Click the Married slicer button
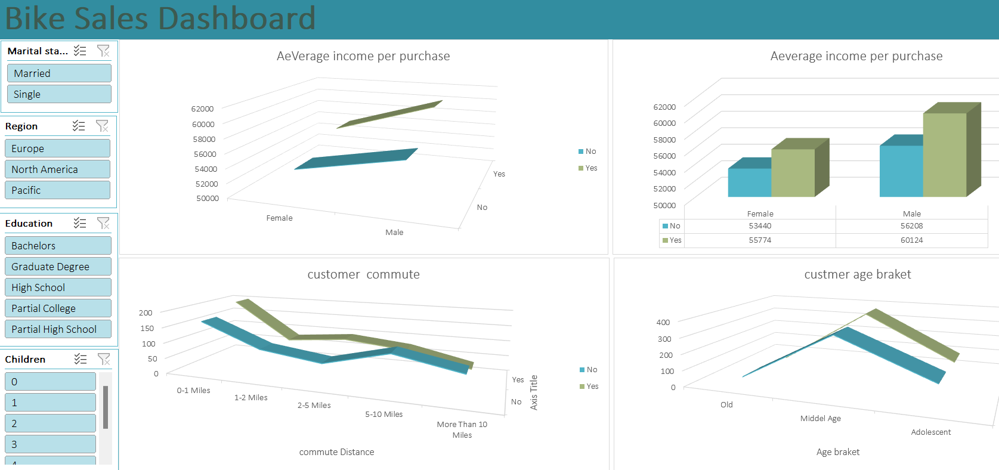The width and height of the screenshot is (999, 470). click(59, 73)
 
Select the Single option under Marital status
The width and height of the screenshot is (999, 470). click(59, 94)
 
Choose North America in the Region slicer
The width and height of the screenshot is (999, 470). click(57, 169)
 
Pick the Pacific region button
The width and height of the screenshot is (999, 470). click(57, 190)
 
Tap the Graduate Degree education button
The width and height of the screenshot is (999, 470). click(57, 267)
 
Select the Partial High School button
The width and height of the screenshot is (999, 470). click(57, 329)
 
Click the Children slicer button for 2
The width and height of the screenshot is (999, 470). click(50, 423)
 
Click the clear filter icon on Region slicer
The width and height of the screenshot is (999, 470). click(102, 126)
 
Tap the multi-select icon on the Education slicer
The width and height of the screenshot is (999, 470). click(79, 223)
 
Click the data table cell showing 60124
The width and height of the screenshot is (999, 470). click(911, 240)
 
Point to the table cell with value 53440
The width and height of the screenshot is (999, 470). click(760, 226)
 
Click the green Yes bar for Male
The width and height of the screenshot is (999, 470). click(944, 154)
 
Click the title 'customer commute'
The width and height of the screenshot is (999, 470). click(363, 274)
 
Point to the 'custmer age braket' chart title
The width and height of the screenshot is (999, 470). click(857, 274)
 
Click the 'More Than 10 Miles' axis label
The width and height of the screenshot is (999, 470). click(462, 429)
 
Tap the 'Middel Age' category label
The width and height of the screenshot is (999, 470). click(820, 419)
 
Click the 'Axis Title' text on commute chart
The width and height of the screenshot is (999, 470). click(534, 392)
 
